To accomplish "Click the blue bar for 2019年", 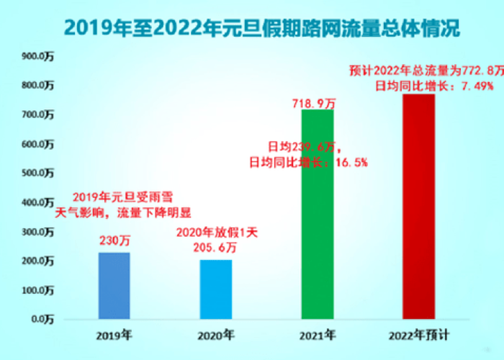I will coord(114,285).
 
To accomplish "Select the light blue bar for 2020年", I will coord(216,289).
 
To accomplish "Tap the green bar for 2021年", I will coord(318,214).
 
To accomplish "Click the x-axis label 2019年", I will coord(114,335).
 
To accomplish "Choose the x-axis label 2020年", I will coord(216,335).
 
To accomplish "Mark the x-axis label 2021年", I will coord(318,335).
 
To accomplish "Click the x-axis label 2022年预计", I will coord(419,335).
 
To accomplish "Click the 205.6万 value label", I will coord(216,248).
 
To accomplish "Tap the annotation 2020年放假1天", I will coord(216,233).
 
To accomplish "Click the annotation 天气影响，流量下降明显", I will coord(114,213).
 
